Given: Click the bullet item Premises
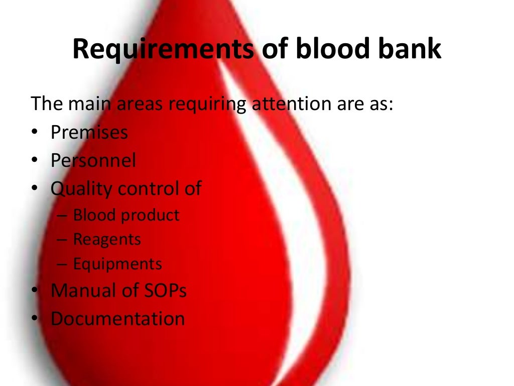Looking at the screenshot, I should click(x=89, y=133).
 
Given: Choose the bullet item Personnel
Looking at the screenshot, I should click(x=93, y=160).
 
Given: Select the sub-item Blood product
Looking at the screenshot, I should click(x=126, y=215).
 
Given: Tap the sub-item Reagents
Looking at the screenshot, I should click(x=107, y=239).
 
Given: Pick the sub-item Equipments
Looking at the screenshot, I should click(x=117, y=264).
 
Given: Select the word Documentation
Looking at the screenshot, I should click(x=117, y=319).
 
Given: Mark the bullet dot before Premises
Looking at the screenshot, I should click(x=34, y=133).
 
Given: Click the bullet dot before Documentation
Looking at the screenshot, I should click(x=34, y=319).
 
